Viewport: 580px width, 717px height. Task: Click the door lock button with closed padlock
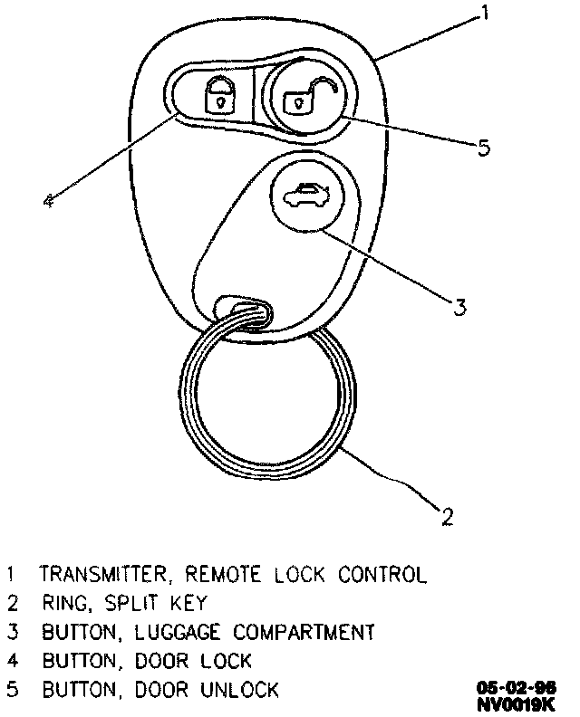coord(217,94)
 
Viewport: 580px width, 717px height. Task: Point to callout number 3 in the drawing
coord(459,307)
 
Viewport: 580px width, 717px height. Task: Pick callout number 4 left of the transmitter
coord(49,200)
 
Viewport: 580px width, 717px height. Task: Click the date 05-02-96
coord(518,686)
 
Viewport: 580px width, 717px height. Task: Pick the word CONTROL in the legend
coord(382,575)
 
